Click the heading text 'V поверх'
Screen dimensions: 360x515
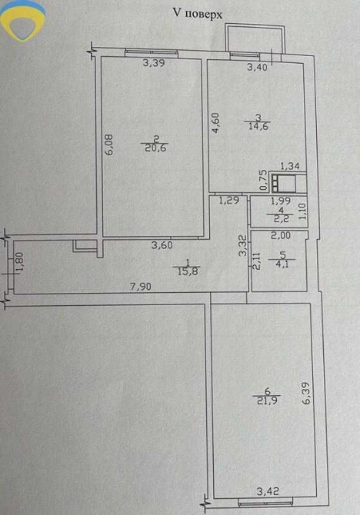(198, 14)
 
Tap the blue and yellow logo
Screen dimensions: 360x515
(22, 20)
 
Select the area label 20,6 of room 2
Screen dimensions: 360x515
(155, 148)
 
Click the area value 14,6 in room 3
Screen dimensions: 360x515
(258, 127)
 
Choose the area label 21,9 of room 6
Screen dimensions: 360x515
(266, 400)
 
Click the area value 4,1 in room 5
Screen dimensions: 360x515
(282, 264)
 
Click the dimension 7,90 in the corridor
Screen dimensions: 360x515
(141, 287)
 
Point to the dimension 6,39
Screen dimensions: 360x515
(305, 393)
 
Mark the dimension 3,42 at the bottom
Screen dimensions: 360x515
(268, 492)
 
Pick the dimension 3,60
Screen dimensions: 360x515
(162, 245)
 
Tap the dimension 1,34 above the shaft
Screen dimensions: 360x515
(290, 166)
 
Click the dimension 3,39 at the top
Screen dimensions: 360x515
(154, 63)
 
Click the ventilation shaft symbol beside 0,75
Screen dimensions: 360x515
(283, 183)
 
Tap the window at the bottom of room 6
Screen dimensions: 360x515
(265, 501)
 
